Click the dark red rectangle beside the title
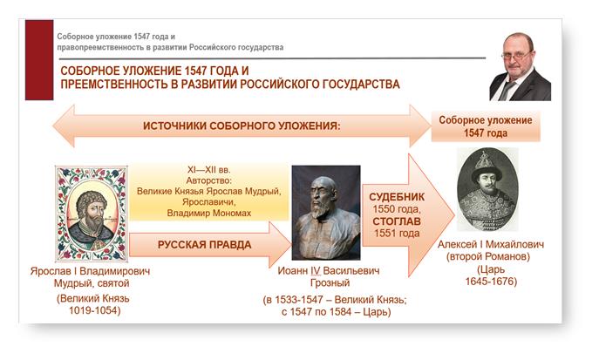pyautogui.click(x=39, y=60)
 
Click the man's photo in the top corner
pyautogui.click(x=520, y=66)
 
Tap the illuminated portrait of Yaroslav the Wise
pyautogui.click(x=91, y=214)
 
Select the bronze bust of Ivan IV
pyautogui.click(x=326, y=213)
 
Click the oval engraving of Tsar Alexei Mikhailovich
pyautogui.click(x=487, y=189)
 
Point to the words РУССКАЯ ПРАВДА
pyautogui.click(x=204, y=245)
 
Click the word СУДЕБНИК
pyautogui.click(x=397, y=197)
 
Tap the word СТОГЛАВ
pyautogui.click(x=397, y=221)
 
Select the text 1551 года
pyautogui.click(x=397, y=234)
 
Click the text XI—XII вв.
pyautogui.click(x=208, y=169)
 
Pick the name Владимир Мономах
pyautogui.click(x=209, y=213)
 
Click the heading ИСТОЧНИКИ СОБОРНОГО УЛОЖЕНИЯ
pyautogui.click(x=242, y=126)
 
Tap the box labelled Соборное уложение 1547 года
pyautogui.click(x=486, y=126)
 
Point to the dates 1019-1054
pyautogui.click(x=94, y=310)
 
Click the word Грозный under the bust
pyautogui.click(x=330, y=283)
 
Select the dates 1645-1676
pyautogui.click(x=491, y=282)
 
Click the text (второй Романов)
pyautogui.click(x=488, y=256)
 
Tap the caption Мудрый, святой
pyautogui.click(x=92, y=283)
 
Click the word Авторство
pyautogui.click(x=209, y=180)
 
